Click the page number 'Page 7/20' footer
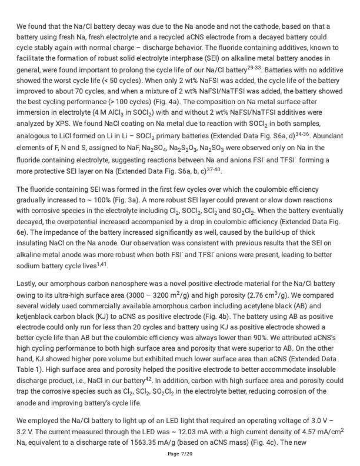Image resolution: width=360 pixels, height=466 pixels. click(180, 454)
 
